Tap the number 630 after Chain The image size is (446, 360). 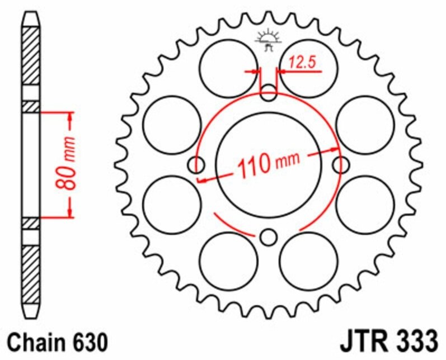[x=86, y=340]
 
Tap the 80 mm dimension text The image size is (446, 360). [x=70, y=164]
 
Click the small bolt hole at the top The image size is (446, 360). [x=269, y=93]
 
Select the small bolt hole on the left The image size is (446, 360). [x=196, y=165]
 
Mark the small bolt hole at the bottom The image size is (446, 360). [x=269, y=237]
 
